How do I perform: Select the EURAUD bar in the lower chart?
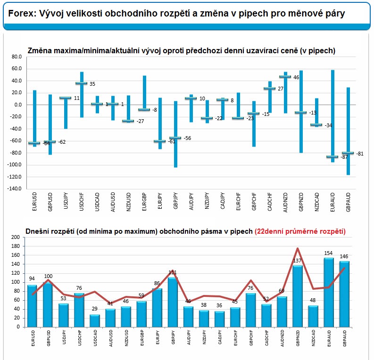pyautogui.click(x=329, y=292)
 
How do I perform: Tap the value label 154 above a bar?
pyautogui.click(x=329, y=254)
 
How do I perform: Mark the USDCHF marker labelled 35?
pyautogui.click(x=82, y=83)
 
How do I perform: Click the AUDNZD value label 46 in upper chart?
pyautogui.click(x=309, y=77)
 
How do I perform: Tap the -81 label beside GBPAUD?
pyautogui.click(x=359, y=154)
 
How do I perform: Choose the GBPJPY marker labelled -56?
pyautogui.click(x=175, y=138)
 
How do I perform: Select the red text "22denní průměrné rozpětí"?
pyautogui.click(x=300, y=231)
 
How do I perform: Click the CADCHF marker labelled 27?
pyautogui.click(x=269, y=88)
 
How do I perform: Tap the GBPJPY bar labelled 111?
pyautogui.click(x=173, y=302)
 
